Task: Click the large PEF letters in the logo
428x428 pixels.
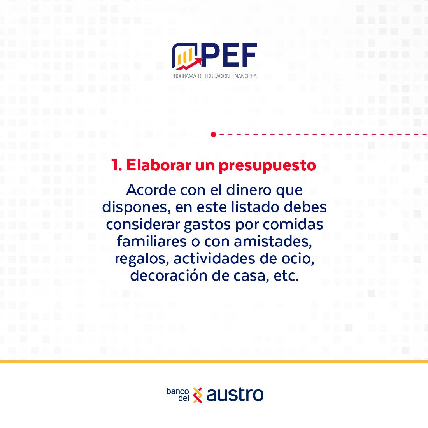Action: pyautogui.click(x=229, y=55)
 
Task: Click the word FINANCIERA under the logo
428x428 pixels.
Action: pyautogui.click(x=244, y=76)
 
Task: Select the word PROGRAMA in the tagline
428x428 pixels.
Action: pyautogui.click(x=184, y=76)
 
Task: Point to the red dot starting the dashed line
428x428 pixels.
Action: pyautogui.click(x=214, y=134)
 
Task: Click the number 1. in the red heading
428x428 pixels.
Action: pyautogui.click(x=116, y=165)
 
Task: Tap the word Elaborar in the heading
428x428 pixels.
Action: pyautogui.click(x=159, y=165)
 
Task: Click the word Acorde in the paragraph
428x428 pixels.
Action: pyautogui.click(x=151, y=190)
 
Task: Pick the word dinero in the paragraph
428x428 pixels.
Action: pyautogui.click(x=249, y=190)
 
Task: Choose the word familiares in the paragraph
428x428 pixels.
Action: pyautogui.click(x=151, y=241)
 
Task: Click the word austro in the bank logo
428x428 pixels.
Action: pyautogui.click(x=235, y=395)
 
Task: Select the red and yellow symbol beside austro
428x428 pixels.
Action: pyautogui.click(x=198, y=395)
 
